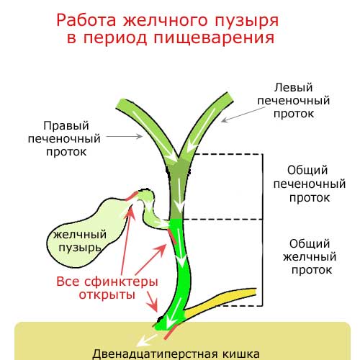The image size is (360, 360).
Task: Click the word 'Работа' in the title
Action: pos(86,20)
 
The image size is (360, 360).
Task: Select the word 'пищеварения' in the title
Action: pos(214,38)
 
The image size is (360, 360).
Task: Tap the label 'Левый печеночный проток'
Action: pos(294,100)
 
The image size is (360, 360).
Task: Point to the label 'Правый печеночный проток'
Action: pos(64,139)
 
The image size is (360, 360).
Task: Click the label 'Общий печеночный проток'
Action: pos(310,184)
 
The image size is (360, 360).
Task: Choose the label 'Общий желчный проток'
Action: pos(310,257)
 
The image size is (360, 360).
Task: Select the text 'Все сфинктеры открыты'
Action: pos(107,288)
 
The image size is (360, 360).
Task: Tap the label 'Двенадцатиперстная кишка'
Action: pos(176,354)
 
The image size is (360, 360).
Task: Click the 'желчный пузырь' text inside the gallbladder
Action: pos(80,241)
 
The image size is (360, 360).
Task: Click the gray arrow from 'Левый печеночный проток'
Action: pos(243,114)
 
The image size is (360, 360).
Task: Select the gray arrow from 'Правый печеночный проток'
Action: pos(125,136)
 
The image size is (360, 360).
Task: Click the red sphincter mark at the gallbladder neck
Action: pos(131,196)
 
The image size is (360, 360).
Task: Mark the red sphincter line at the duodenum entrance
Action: pos(171,332)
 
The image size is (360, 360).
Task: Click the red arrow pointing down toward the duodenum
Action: pos(152,302)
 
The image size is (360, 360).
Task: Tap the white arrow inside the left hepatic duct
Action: pos(201,131)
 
